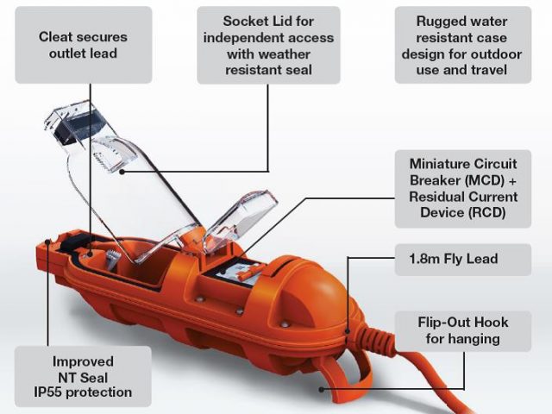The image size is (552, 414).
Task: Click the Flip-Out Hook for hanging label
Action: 463,331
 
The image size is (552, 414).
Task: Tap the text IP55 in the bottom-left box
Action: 48,392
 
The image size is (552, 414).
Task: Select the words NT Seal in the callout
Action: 83,378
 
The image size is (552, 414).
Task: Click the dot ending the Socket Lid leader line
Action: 122,172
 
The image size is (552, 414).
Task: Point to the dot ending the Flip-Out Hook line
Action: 321,389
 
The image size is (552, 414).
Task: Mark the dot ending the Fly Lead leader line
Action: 348,331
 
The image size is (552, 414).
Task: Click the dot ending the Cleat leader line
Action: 90,254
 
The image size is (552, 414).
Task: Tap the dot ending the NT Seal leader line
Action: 48,241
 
